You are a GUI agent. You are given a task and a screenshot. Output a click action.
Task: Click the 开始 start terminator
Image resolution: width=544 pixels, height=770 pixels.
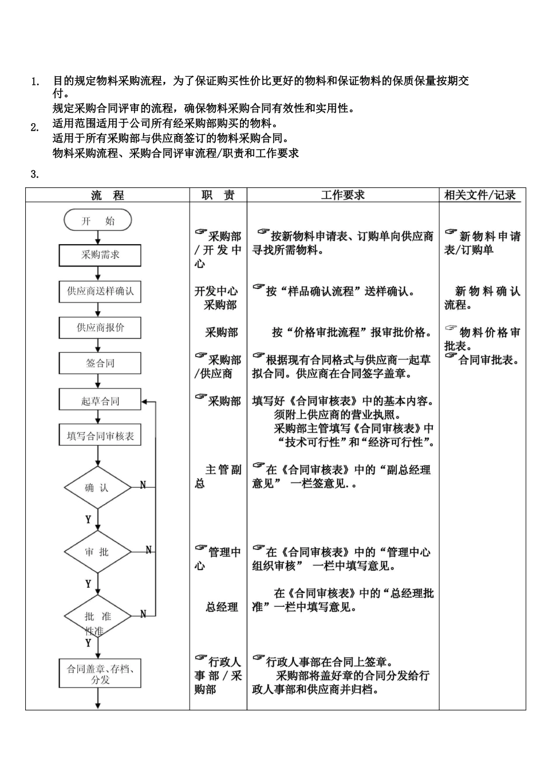[x=98, y=221]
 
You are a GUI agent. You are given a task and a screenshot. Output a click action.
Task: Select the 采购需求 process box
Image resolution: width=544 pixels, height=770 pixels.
[x=100, y=255]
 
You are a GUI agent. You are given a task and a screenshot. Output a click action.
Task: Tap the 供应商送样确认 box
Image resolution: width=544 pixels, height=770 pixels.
[x=100, y=292]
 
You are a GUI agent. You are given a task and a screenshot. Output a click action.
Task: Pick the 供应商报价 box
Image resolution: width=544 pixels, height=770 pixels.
[x=100, y=328]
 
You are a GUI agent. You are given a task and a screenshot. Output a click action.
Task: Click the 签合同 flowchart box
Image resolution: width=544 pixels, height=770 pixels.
[x=100, y=363]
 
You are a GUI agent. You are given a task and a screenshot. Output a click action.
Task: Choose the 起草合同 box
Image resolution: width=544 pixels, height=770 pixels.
[x=100, y=401]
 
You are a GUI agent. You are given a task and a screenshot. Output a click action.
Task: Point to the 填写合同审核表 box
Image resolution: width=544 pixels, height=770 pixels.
[x=100, y=436]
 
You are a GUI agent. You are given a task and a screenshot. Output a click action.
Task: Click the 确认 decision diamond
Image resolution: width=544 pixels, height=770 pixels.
[x=97, y=488]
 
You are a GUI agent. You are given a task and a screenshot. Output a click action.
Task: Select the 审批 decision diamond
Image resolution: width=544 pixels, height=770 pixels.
[x=97, y=552]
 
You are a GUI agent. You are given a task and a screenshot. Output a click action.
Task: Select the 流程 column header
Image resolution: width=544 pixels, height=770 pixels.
[x=108, y=195]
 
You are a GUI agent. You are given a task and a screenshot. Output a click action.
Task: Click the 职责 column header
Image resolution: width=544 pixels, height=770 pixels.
[x=218, y=195]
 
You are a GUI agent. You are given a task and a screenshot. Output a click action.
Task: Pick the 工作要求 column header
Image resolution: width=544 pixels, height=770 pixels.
[x=342, y=195]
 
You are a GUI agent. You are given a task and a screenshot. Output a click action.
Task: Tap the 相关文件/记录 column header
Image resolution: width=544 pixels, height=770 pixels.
[x=480, y=195]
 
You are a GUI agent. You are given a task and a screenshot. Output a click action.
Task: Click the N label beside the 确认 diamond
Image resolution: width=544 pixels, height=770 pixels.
[x=143, y=485]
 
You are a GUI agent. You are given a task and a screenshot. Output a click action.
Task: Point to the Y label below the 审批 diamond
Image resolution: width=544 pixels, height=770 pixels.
[x=88, y=584]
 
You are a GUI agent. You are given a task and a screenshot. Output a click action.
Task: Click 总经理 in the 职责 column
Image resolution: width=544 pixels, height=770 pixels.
[x=222, y=607]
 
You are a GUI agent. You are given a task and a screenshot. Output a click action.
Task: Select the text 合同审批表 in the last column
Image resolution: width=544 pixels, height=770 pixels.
[x=488, y=360]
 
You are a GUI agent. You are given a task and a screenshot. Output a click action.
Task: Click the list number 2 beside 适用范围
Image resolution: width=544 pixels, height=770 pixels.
[x=34, y=128]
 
